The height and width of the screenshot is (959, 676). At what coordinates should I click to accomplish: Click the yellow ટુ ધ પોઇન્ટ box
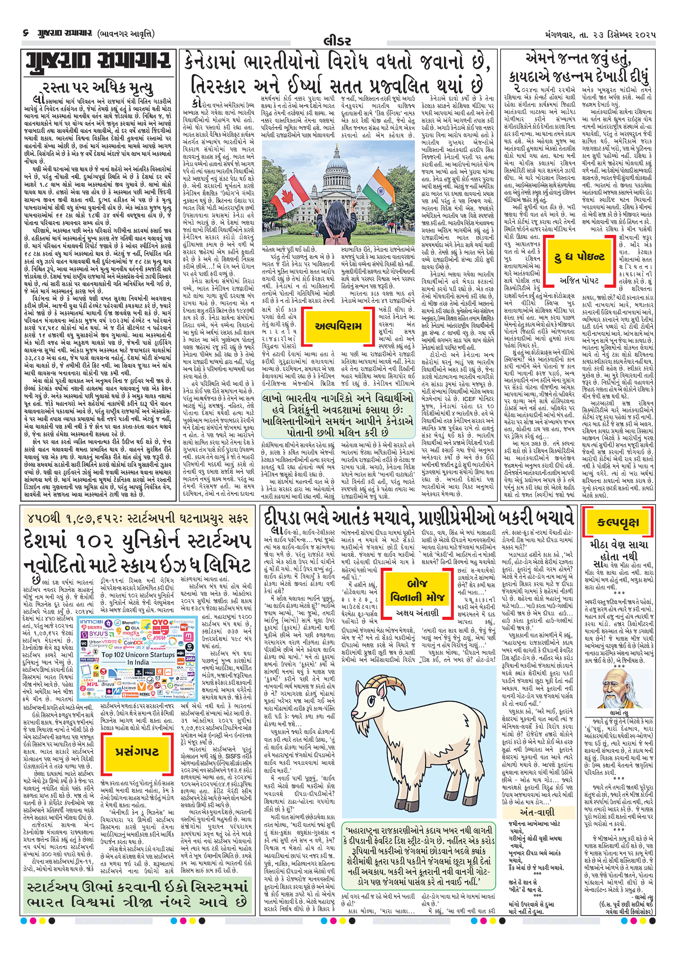(579, 257)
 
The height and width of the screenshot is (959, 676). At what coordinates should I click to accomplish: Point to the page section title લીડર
(337, 41)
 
